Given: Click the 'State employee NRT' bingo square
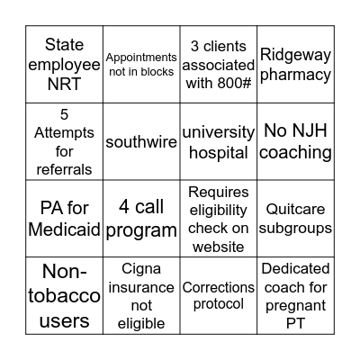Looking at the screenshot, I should (64, 64).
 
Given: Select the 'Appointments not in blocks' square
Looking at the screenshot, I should (141, 64).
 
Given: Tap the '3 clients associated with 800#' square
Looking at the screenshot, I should (219, 64).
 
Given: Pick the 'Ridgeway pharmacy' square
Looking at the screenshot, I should (296, 64).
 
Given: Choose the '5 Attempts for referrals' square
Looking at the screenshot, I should (64, 141).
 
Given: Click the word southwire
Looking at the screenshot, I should (141, 142).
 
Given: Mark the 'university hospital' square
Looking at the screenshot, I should (219, 141).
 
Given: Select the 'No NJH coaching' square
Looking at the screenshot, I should (296, 141).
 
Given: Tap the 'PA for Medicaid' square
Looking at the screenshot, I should (64, 219).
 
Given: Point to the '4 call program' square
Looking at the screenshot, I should (141, 219).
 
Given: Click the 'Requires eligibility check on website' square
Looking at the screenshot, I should (219, 219).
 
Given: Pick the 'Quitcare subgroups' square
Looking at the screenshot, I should (296, 219).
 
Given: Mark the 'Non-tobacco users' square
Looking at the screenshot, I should (64, 296).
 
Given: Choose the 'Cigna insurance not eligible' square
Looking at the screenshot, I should (141, 296).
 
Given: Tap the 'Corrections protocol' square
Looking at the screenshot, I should (219, 296).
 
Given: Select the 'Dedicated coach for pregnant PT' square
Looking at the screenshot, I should (296, 296).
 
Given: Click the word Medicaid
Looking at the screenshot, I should (64, 229).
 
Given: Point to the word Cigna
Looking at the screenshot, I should (141, 267).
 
